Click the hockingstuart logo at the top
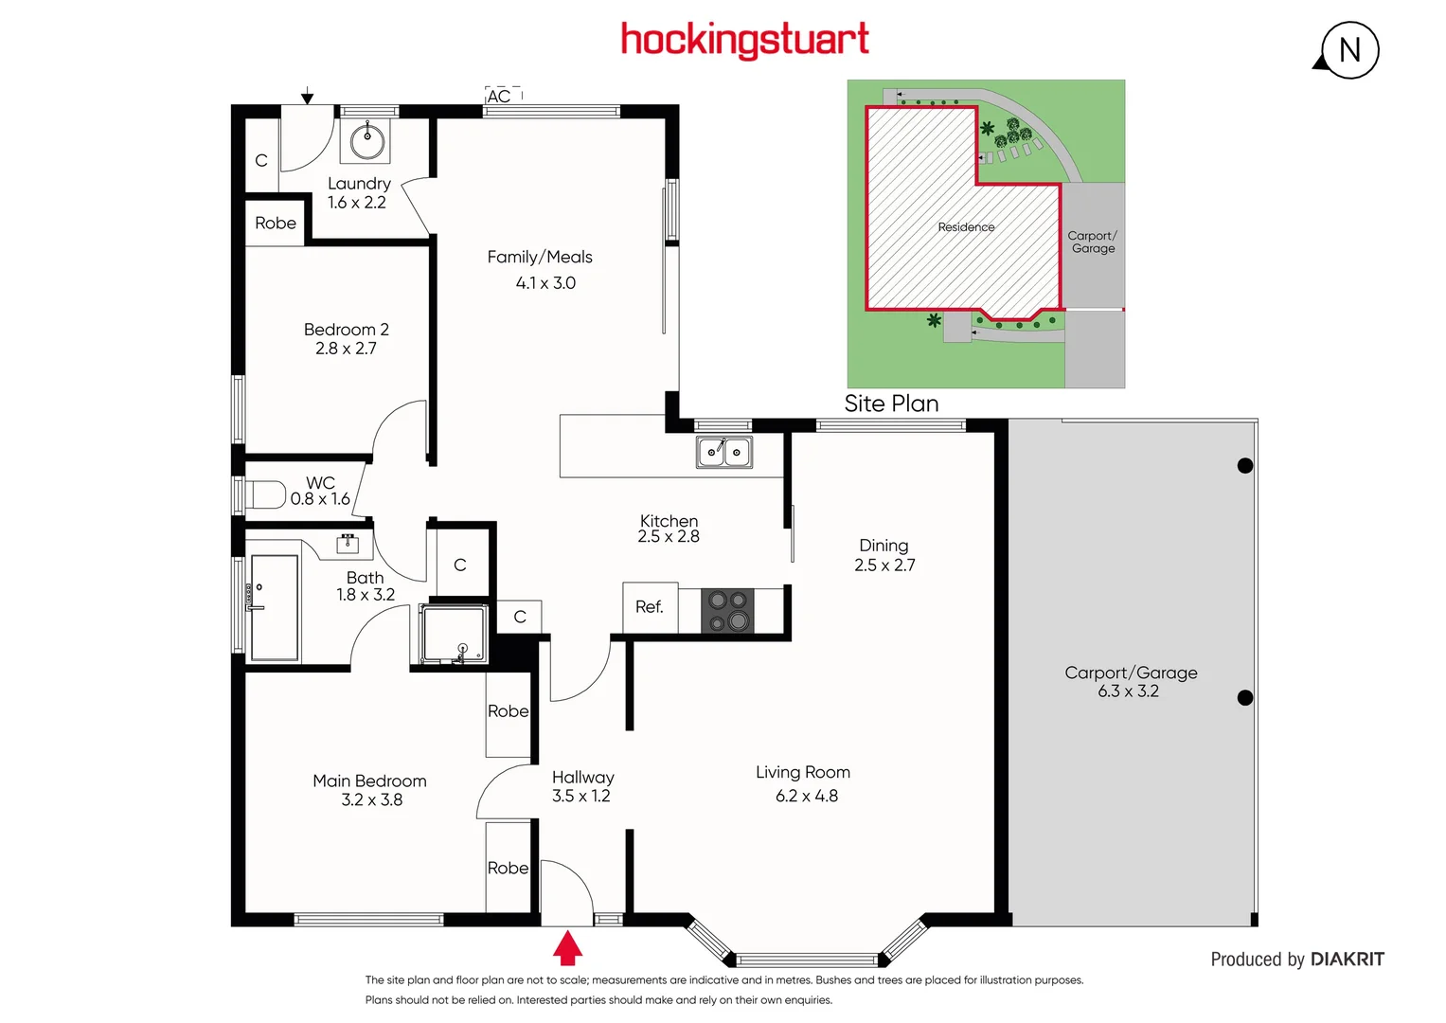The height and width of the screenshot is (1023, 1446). pos(744,40)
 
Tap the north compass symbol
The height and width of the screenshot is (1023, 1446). pos(1349,50)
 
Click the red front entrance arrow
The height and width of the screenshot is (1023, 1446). pos(567,947)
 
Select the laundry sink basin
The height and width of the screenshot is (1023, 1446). pos(367,142)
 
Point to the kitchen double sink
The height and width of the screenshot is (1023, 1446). pos(724,452)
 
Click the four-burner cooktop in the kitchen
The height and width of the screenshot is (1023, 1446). pos(728,610)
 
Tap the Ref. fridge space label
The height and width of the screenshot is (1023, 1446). pos(650,607)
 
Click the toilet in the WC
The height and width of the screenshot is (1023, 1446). pos(266,494)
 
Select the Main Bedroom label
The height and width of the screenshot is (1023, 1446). pos(369,781)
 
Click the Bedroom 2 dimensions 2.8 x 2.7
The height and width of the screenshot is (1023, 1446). pos(346,349)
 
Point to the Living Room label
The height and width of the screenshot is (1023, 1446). pos(803,772)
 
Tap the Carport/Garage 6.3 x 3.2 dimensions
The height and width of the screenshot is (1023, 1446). pos(1128,691)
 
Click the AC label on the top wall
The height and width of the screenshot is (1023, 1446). pos(499,97)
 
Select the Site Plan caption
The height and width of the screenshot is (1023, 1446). pos(891,404)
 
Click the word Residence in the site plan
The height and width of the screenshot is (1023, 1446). pos(966,227)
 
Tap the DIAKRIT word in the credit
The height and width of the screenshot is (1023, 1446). pos(1348,960)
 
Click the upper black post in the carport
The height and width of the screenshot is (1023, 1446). pos(1245,465)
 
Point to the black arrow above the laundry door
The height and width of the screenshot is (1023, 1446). pos(307,97)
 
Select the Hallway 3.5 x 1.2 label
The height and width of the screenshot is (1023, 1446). pos(582,786)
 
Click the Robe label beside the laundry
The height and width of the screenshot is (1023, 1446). pos(276,224)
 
